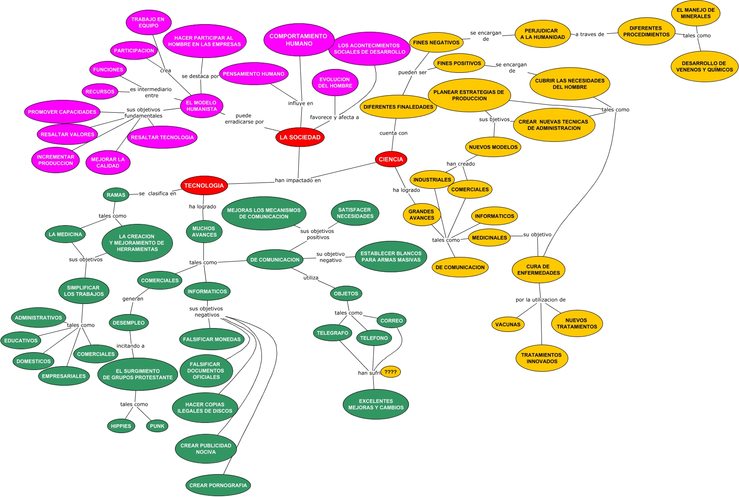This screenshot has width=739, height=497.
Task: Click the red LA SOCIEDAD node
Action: tap(300, 137)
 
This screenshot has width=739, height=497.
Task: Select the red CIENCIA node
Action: tap(391, 159)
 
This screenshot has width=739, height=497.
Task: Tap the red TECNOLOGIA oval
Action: tap(204, 185)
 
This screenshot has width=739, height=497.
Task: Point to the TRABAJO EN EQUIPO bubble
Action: tap(148, 22)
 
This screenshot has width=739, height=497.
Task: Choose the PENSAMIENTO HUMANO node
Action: tap(253, 74)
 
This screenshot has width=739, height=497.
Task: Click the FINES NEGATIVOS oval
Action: tap(436, 42)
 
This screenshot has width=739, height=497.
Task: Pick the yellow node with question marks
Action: tap(390, 372)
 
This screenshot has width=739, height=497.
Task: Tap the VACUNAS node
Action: tap(508, 324)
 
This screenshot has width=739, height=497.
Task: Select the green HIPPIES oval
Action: tap(121, 426)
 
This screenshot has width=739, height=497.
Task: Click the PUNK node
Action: tap(157, 426)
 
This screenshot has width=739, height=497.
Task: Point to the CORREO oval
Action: tap(392, 320)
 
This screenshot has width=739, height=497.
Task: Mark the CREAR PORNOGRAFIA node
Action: tap(218, 485)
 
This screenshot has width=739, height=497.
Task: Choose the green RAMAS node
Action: tap(116, 195)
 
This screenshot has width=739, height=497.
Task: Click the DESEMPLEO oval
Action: tap(128, 323)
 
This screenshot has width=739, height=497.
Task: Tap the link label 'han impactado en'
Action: tap(297, 180)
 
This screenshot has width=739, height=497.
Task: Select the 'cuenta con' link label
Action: tap(393, 133)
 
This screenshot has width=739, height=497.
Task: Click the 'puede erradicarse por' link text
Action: tap(244, 119)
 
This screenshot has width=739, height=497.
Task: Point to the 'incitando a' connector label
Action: tap(131, 346)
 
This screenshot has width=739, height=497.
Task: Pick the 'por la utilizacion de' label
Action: tap(540, 300)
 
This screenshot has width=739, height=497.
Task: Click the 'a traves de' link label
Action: tap(589, 34)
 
